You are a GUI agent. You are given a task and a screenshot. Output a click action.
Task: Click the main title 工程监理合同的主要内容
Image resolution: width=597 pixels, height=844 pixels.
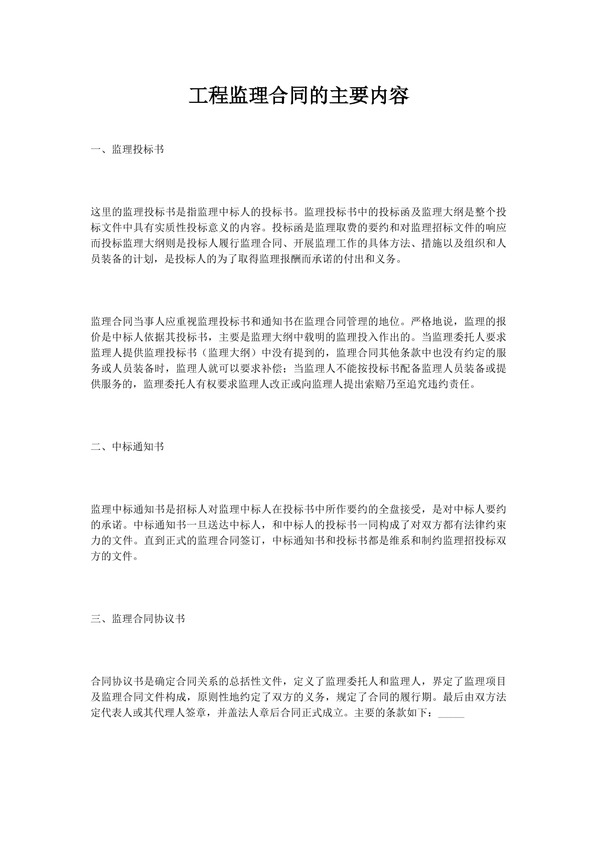[x=298, y=95]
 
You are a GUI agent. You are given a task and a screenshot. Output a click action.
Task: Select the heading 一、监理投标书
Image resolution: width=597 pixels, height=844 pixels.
[x=127, y=149]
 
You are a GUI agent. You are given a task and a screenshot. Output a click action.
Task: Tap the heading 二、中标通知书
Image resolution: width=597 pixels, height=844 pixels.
[x=127, y=447]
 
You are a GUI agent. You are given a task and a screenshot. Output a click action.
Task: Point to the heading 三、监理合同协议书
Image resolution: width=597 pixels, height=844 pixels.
[x=138, y=619]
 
